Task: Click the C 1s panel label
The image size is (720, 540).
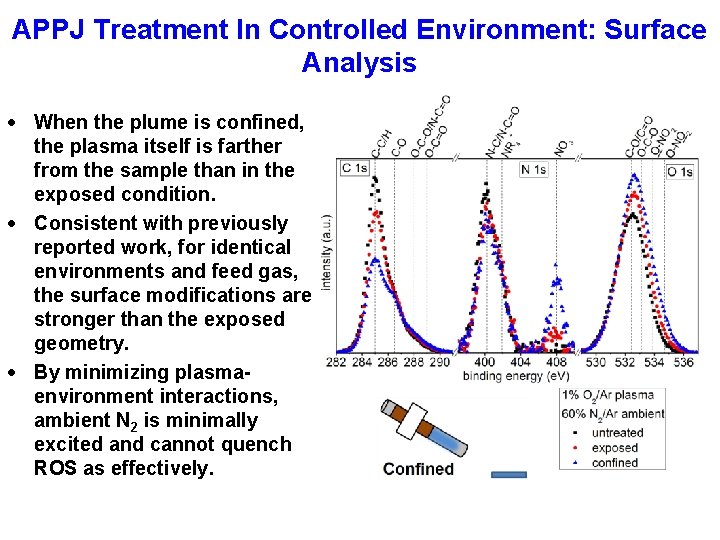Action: click(x=354, y=169)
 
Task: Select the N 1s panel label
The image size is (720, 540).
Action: click(x=533, y=170)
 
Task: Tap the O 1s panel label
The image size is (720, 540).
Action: click(x=680, y=172)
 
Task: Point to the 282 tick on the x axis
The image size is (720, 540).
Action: click(x=336, y=362)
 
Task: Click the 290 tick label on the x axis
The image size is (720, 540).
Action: click(x=440, y=362)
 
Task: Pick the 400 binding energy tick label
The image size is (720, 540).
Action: click(x=484, y=362)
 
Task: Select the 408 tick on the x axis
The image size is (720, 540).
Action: click(x=556, y=362)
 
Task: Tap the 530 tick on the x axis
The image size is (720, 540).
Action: click(x=596, y=362)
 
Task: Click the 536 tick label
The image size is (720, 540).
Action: click(x=683, y=362)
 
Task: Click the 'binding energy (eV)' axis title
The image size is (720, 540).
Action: click(x=515, y=376)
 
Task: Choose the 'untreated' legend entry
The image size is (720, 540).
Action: click(x=616, y=433)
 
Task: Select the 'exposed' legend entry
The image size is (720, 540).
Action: click(x=614, y=448)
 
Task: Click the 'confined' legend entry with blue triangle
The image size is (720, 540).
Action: click(x=615, y=462)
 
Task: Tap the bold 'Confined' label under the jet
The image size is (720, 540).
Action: click(x=418, y=469)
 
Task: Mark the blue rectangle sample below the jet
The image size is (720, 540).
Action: click(x=508, y=474)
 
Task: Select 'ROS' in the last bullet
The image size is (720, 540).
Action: click(x=57, y=468)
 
